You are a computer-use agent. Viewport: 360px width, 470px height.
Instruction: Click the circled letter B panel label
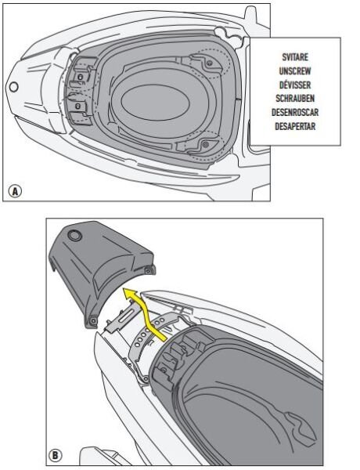58,453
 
